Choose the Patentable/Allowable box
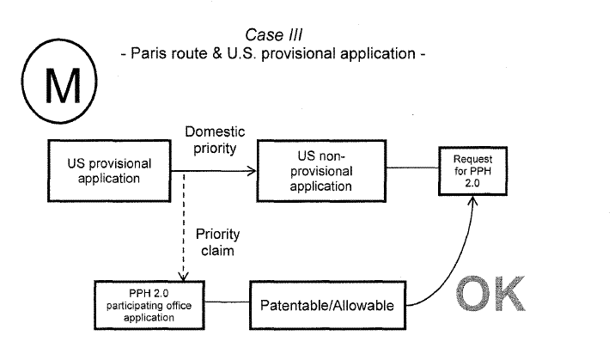click(326, 306)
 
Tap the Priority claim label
click(216, 242)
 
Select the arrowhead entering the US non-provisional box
click(253, 171)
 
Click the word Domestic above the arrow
click(215, 131)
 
